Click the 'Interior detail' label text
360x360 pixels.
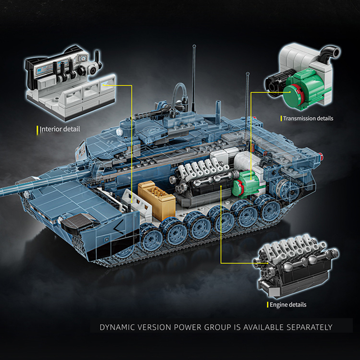click(x=60, y=130)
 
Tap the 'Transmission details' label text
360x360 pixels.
click(x=308, y=118)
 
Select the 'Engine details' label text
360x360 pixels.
click(x=288, y=305)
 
